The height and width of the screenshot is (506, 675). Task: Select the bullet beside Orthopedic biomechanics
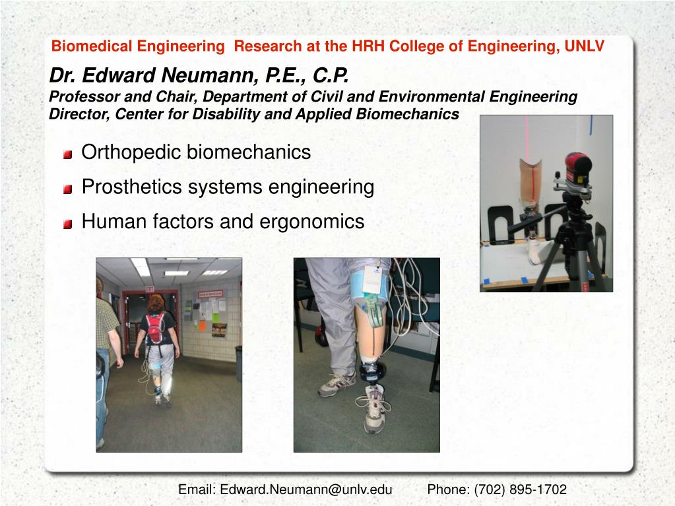(68, 155)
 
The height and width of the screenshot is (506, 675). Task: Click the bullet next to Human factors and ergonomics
(68, 224)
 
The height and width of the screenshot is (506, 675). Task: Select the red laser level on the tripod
(578, 170)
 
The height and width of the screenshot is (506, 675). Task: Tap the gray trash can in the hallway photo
(238, 363)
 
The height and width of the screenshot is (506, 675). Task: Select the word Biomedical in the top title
(82, 46)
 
